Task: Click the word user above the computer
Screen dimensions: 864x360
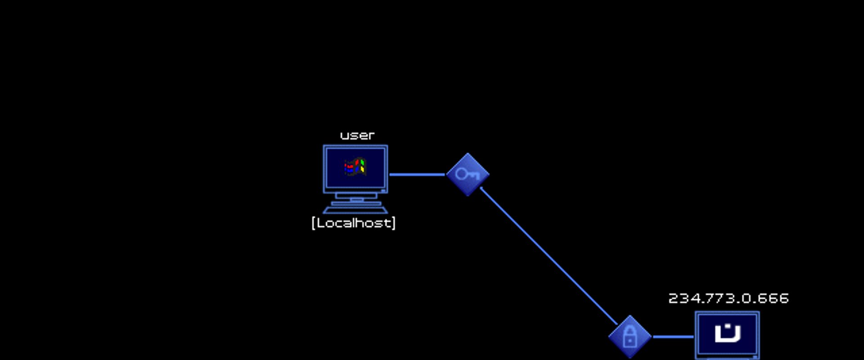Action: point(357,135)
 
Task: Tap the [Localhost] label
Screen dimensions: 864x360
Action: point(353,223)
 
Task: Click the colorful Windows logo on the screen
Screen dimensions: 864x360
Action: point(355,166)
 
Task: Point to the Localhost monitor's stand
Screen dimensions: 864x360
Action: point(355,198)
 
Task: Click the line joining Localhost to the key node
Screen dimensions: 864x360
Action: point(417,175)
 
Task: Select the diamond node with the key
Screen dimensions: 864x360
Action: point(468,175)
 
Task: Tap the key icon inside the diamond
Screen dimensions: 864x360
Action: point(467,174)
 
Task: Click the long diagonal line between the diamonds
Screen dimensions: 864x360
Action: point(549,256)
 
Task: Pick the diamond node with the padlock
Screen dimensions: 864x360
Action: point(630,337)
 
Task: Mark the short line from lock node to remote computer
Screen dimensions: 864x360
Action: point(673,337)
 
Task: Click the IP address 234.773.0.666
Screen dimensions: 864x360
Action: point(729,298)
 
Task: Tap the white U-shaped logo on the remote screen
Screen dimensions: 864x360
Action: point(728,333)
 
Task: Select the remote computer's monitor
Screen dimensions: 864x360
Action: point(727,335)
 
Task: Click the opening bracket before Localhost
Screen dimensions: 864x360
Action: point(313,223)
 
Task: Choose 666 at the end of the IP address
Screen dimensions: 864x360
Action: point(773,298)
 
